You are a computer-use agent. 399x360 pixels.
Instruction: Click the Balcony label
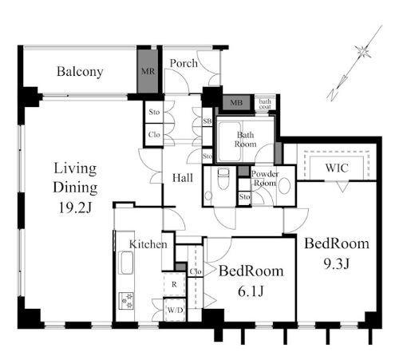pyautogui.click(x=80, y=72)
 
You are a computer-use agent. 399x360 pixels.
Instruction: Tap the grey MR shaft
pyautogui.click(x=148, y=71)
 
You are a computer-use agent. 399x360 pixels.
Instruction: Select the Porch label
pyautogui.click(x=184, y=63)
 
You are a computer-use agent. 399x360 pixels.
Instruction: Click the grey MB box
pyautogui.click(x=236, y=102)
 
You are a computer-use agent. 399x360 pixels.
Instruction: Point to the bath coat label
pyautogui.click(x=265, y=104)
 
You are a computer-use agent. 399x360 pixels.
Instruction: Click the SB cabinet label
pyautogui.click(x=207, y=121)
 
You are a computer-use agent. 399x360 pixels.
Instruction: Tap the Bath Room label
pyautogui.click(x=245, y=140)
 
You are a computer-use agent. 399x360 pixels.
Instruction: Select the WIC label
pyautogui.click(x=337, y=168)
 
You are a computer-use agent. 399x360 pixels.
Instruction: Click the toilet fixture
pyautogui.click(x=223, y=178)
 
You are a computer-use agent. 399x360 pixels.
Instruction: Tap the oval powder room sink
pyautogui.click(x=284, y=186)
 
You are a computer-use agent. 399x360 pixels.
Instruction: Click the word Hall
pyautogui.click(x=183, y=178)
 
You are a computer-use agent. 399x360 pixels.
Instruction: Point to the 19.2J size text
pyautogui.click(x=75, y=208)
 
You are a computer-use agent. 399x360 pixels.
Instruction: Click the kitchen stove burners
pyautogui.click(x=126, y=301)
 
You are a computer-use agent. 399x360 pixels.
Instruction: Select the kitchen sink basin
pyautogui.click(x=126, y=263)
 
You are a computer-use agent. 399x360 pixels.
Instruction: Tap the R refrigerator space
pyautogui.click(x=174, y=284)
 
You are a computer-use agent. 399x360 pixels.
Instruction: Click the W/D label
pyautogui.click(x=175, y=310)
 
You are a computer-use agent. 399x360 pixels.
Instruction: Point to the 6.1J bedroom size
pyautogui.click(x=251, y=291)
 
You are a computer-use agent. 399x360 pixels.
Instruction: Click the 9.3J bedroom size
pyautogui.click(x=336, y=263)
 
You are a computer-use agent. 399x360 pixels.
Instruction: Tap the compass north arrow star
pyautogui.click(x=363, y=51)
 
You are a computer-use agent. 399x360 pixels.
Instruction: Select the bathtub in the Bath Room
pyautogui.click(x=229, y=141)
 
